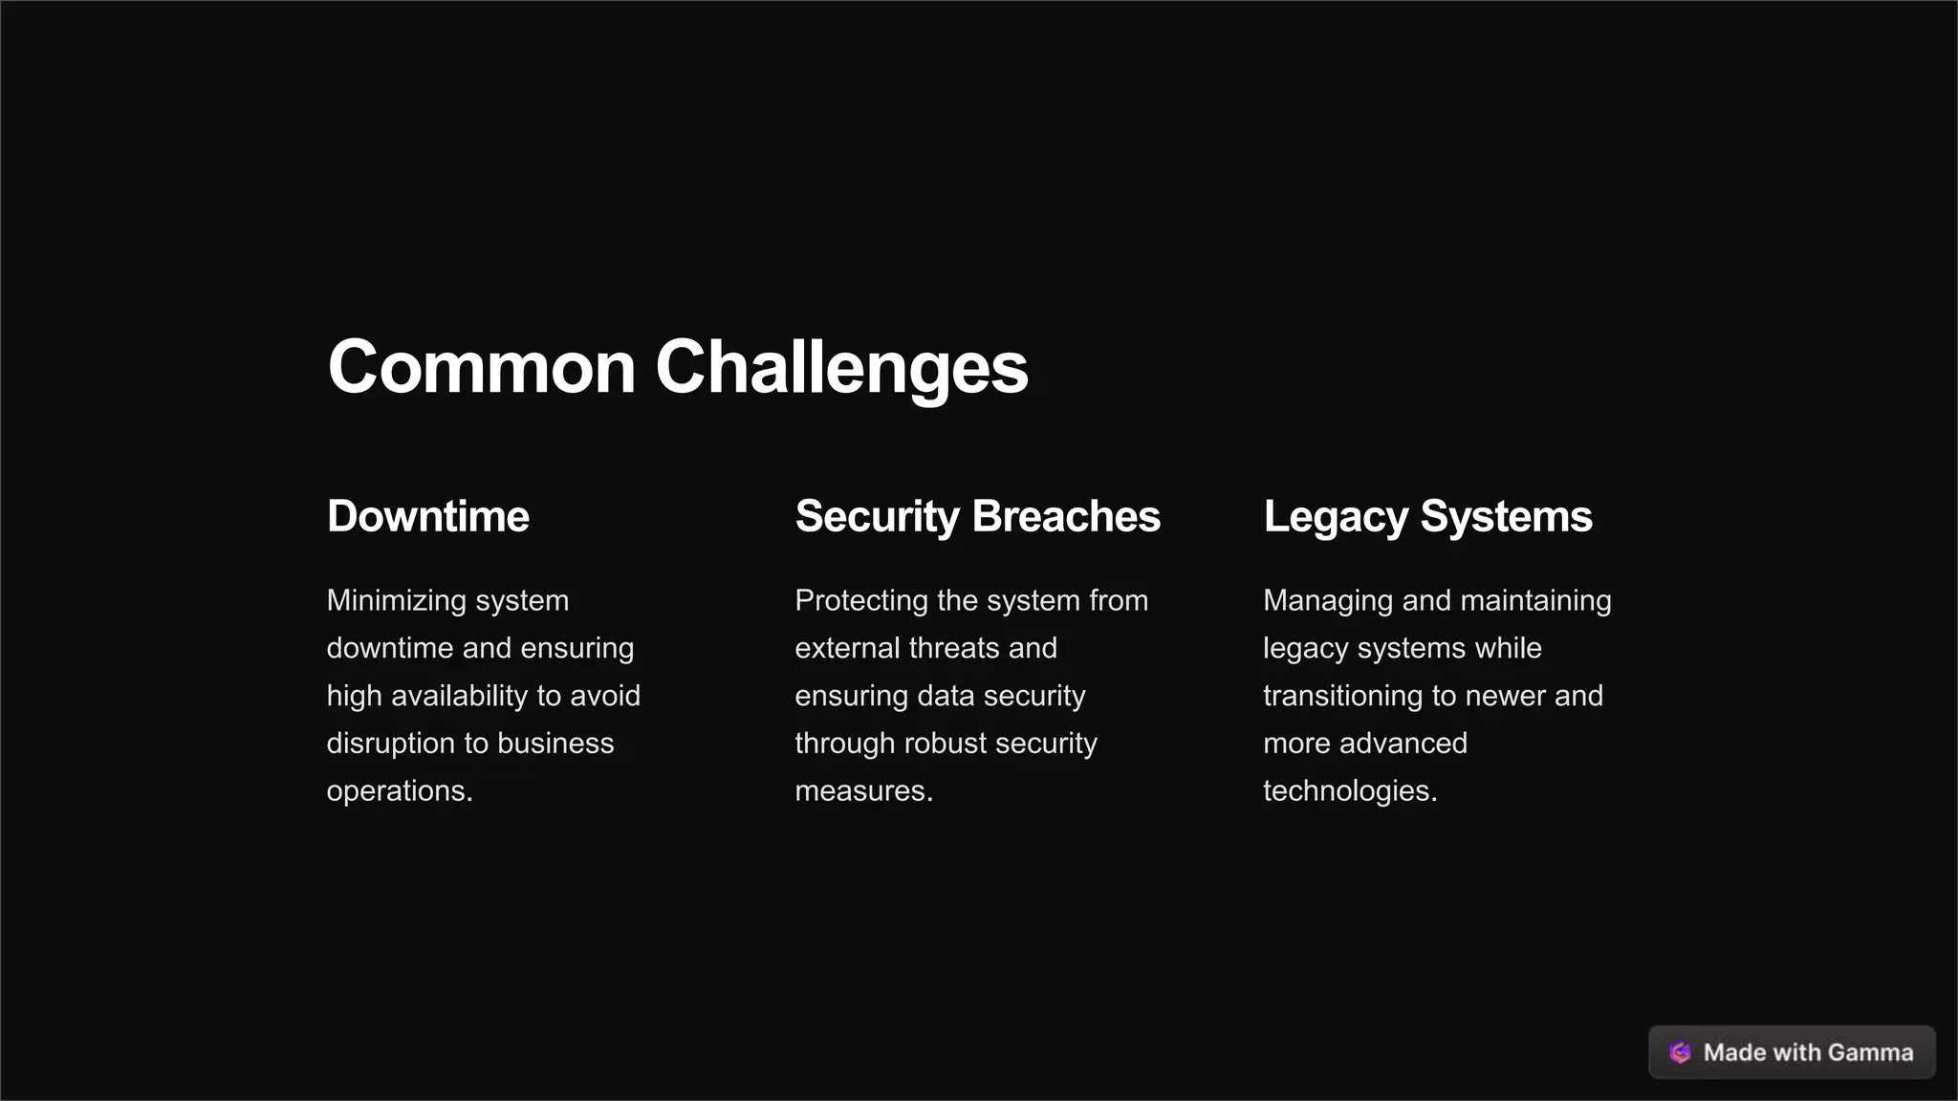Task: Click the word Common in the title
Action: pos(482,367)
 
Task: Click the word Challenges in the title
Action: pos(841,367)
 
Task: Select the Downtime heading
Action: pos(427,516)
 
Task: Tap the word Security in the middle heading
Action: pos(877,516)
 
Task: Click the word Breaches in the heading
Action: pos(1066,516)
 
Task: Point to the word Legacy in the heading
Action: pos(1336,516)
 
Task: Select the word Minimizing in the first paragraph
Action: pos(396,600)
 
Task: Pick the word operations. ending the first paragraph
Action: pos(400,791)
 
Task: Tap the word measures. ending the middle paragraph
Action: pos(863,791)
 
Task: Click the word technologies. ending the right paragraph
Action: pos(1350,791)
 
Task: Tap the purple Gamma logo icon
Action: pos(1680,1052)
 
